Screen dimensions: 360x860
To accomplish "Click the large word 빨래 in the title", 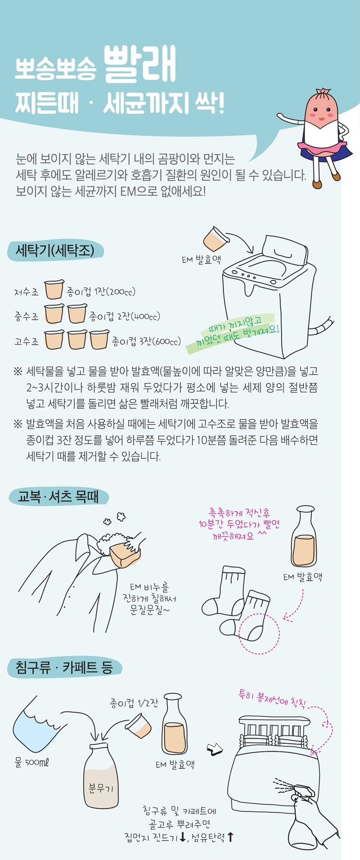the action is [139, 65].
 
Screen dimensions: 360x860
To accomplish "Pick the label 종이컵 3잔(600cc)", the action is [146, 341].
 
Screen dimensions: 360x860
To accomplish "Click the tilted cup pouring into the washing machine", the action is [215, 239].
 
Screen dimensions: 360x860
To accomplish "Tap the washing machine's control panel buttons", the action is [245, 275].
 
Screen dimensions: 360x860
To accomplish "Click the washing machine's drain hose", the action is [322, 327].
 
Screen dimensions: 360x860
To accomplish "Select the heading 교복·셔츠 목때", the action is [58, 497].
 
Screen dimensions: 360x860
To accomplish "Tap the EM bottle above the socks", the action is [304, 536].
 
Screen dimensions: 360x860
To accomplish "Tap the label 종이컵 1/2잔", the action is [134, 703].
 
